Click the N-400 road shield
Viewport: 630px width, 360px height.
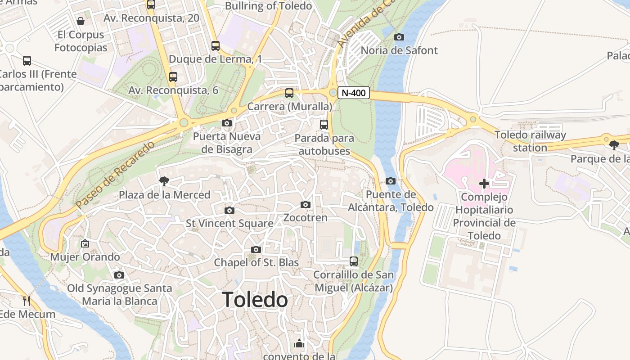(354, 93)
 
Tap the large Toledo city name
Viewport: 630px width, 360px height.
(255, 300)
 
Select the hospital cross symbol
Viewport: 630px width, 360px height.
(484, 183)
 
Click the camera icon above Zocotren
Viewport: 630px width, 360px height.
(306, 205)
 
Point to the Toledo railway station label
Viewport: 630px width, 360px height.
(530, 141)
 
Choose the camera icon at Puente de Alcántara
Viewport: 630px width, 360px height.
(391, 181)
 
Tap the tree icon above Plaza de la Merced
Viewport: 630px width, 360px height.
(164, 181)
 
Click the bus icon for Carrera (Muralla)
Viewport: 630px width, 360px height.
(289, 93)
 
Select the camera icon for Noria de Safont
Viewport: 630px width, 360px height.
(399, 37)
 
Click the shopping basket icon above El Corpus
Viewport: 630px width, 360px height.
(81, 21)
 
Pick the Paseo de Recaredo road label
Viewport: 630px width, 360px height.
(116, 175)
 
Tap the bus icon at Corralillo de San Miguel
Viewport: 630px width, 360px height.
(354, 261)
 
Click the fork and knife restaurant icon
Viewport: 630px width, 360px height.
(27, 301)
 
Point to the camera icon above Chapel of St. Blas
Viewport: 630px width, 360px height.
(256, 249)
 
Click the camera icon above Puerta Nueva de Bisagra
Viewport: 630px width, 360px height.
(227, 123)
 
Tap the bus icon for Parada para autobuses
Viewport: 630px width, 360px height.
(324, 125)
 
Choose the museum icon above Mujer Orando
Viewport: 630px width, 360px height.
(85, 243)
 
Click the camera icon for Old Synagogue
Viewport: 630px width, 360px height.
(119, 275)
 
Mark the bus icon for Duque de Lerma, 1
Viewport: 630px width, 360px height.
(216, 45)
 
